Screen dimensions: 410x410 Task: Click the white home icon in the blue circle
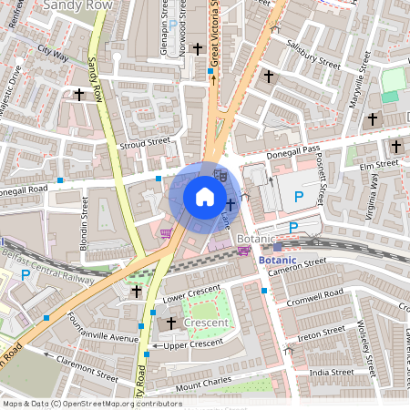(205, 197)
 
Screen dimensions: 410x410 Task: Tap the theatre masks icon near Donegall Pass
(220, 171)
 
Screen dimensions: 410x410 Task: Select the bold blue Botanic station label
(277, 260)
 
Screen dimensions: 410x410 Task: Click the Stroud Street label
(145, 143)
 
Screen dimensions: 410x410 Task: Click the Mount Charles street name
(204, 386)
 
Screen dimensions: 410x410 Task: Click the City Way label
(53, 55)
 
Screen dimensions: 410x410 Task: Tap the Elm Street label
(380, 165)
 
